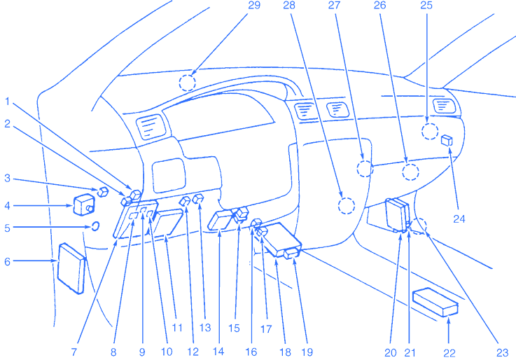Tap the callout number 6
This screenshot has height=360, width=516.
(7, 261)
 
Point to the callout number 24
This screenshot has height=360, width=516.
(459, 218)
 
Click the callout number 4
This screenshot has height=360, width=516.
(7, 205)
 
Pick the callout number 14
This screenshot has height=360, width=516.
(220, 351)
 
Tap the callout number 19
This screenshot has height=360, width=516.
(306, 351)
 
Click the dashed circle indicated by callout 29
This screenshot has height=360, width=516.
(187, 83)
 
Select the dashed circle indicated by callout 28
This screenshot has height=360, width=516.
(347, 205)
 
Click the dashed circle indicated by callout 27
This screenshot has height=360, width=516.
(364, 167)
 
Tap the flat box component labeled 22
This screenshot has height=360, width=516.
(435, 302)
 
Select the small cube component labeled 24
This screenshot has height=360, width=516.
(447, 140)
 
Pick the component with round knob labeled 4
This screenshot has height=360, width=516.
(84, 206)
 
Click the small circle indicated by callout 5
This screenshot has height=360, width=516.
(94, 227)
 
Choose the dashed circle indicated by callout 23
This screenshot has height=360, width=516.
(419, 226)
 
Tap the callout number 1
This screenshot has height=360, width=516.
(7, 101)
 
